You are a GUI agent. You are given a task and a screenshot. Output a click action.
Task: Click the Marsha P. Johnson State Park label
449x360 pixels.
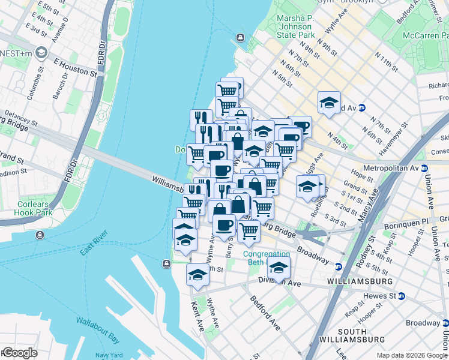[x=295, y=26]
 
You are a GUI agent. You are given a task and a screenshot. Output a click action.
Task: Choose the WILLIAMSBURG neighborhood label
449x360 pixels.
[x=360, y=281]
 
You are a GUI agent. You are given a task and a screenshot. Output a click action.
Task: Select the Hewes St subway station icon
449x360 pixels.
[x=402, y=296]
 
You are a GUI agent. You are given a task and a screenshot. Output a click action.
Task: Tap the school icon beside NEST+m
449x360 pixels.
[x=41, y=53]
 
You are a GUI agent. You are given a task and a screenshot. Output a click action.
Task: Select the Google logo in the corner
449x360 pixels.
[x=19, y=353]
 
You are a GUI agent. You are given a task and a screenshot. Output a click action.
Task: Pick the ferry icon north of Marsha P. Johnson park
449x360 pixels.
[x=240, y=38]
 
